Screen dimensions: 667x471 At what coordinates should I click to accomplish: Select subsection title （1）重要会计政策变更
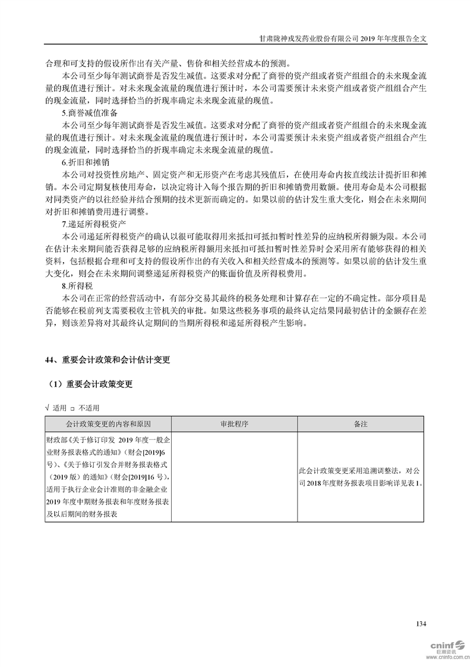click(x=91, y=384)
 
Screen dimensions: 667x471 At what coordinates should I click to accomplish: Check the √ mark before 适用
click(x=47, y=408)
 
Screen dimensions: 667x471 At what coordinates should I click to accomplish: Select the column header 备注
click(x=361, y=424)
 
